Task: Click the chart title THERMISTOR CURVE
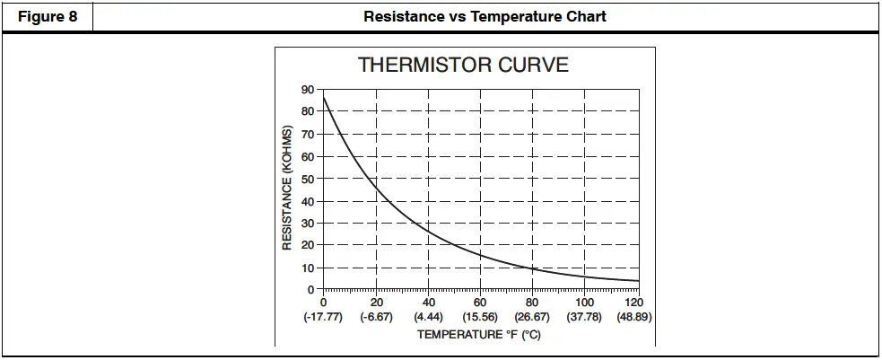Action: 463,66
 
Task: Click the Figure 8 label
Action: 48,16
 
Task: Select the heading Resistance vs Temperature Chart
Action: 485,16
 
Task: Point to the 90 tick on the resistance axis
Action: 308,90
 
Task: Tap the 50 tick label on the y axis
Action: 308,179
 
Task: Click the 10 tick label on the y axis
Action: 308,268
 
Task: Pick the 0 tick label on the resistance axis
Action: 311,290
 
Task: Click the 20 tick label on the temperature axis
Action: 377,303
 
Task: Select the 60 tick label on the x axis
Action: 481,303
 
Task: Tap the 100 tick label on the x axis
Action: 585,303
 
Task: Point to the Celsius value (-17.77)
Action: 324,318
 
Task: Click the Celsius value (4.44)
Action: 429,318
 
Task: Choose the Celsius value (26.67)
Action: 533,318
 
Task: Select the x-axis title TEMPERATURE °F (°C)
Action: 478,335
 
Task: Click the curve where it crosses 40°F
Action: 429,232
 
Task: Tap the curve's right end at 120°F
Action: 638,281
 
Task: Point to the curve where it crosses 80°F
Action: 533,268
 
